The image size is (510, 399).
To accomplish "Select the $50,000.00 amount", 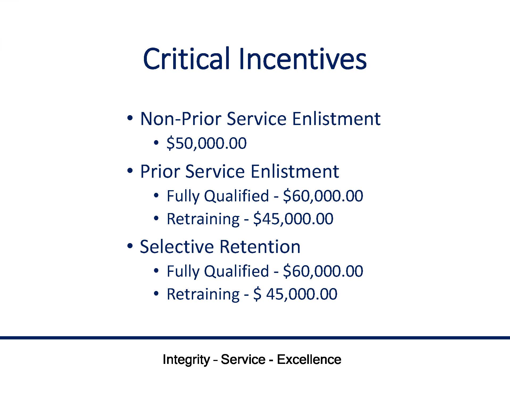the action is pyautogui.click(x=206, y=143).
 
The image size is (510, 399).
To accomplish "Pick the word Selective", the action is pyautogui.click(x=177, y=247).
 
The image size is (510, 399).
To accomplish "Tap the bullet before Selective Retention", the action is pyautogui.click(x=130, y=246).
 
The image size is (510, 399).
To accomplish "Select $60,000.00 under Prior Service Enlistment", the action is pyautogui.click(x=323, y=196).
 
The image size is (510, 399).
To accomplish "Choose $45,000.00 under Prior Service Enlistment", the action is pyautogui.click(x=293, y=219).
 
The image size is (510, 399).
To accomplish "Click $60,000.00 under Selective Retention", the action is pyautogui.click(x=323, y=271).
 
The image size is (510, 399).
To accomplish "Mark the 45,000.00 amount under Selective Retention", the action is pyautogui.click(x=302, y=294).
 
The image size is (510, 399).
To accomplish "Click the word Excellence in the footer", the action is pyautogui.click(x=309, y=360).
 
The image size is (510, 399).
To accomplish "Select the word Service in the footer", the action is pyautogui.click(x=243, y=360).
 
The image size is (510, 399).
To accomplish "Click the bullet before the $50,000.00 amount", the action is pyautogui.click(x=156, y=143).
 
